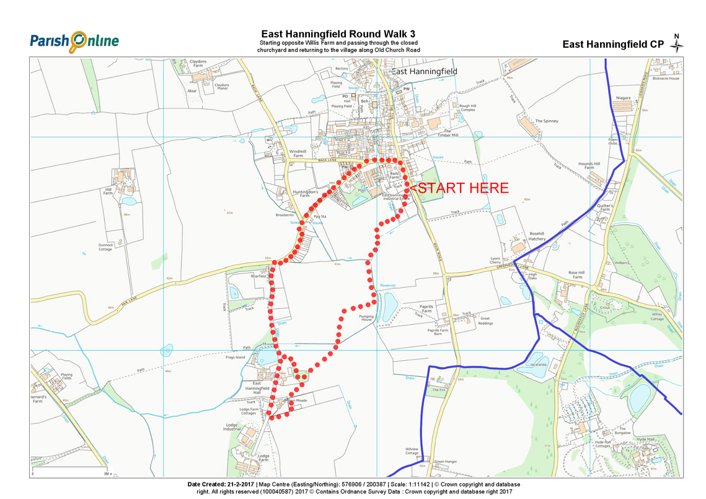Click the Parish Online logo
74,42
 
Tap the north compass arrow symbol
677,43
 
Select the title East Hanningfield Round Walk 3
338,34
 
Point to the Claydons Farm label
198,64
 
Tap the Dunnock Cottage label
105,247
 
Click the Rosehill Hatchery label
537,236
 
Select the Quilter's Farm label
606,208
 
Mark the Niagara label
623,99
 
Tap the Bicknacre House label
666,79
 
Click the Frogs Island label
236,358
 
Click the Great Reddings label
486,320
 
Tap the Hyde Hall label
645,439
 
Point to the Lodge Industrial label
232,428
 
